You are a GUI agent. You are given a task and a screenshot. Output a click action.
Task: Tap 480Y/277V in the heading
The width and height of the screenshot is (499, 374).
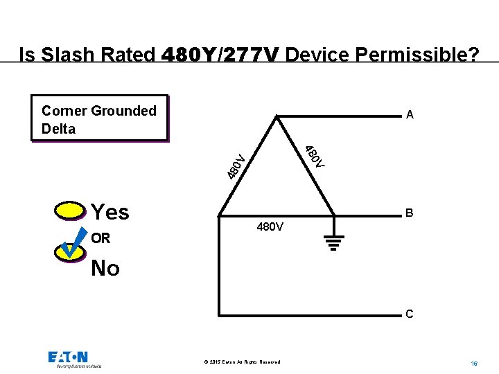pyautogui.click(x=220, y=54)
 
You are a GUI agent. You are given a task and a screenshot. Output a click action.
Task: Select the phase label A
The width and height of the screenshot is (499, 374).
pyautogui.click(x=410, y=115)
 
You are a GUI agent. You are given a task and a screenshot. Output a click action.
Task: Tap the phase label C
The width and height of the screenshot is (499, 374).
pyautogui.click(x=410, y=314)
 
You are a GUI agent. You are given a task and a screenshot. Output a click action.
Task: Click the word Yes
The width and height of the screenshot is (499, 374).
pyautogui.click(x=110, y=211)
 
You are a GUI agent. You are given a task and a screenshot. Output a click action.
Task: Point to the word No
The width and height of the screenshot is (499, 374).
pyautogui.click(x=105, y=268)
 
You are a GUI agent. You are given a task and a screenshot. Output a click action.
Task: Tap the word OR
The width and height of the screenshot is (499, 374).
pyautogui.click(x=100, y=238)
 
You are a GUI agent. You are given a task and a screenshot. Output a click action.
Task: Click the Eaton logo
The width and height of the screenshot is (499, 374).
pyautogui.click(x=69, y=357)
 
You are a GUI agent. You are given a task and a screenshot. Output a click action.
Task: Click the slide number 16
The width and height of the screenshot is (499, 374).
pyautogui.click(x=474, y=363)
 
